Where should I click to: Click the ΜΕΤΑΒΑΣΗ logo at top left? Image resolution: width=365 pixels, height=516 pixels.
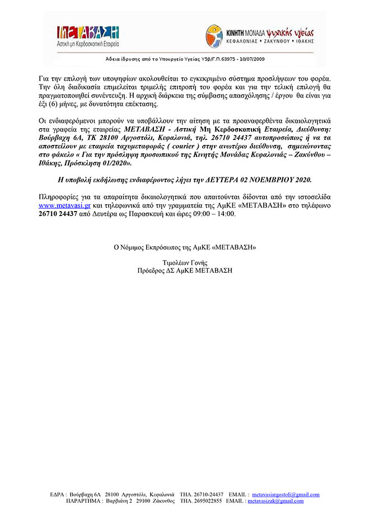point(89,35)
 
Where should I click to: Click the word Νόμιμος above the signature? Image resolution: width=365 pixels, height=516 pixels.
point(134,246)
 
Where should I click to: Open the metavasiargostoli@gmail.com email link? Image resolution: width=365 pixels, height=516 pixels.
point(286,495)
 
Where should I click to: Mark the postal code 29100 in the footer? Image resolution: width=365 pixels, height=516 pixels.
point(144,501)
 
